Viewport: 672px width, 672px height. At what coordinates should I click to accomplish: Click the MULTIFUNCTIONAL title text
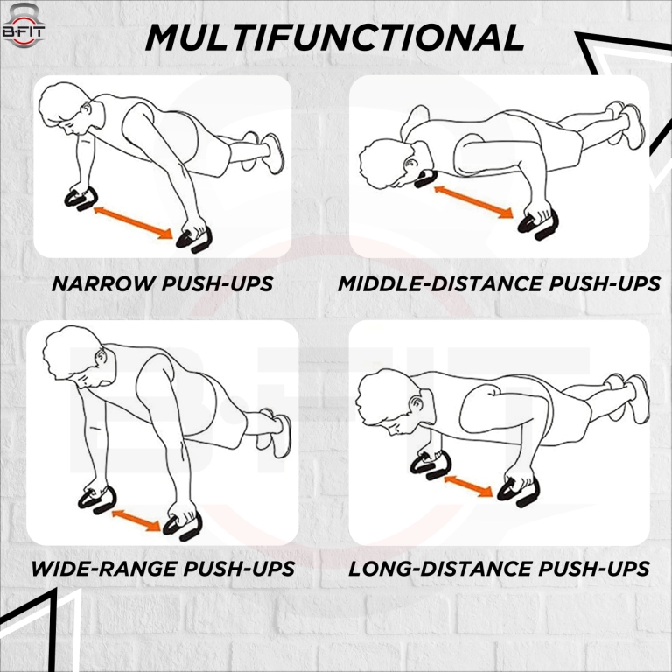(335, 37)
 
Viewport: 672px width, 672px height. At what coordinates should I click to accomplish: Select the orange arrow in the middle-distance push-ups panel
(473, 199)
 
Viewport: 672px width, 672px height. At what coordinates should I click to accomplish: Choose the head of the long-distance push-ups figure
(385, 402)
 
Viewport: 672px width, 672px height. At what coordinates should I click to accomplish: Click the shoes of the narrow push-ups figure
(268, 151)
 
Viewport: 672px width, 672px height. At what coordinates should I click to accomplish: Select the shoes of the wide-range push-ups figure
(278, 434)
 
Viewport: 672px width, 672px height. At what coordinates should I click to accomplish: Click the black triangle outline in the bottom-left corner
(35, 626)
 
